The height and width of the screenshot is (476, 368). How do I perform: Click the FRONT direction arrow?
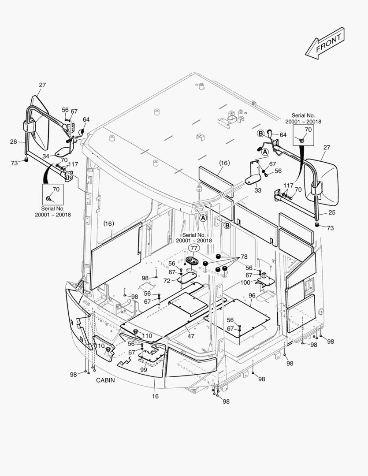click(325, 42)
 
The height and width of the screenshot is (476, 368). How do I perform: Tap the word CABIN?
click(105, 380)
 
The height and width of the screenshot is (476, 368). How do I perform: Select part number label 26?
click(13, 141)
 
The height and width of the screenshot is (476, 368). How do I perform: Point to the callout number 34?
click(46, 156)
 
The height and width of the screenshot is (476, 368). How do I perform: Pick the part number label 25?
click(332, 212)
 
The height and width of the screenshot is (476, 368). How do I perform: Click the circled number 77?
click(193, 248)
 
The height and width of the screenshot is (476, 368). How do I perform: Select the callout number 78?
click(244, 257)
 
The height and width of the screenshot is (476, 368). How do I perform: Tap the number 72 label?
click(167, 281)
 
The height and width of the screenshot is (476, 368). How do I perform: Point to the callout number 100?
click(245, 282)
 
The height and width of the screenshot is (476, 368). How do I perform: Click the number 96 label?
click(252, 295)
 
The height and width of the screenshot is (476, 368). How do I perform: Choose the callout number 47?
click(191, 336)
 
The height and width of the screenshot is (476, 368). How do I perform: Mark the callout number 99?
click(144, 370)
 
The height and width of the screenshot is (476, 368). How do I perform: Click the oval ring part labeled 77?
click(193, 261)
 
